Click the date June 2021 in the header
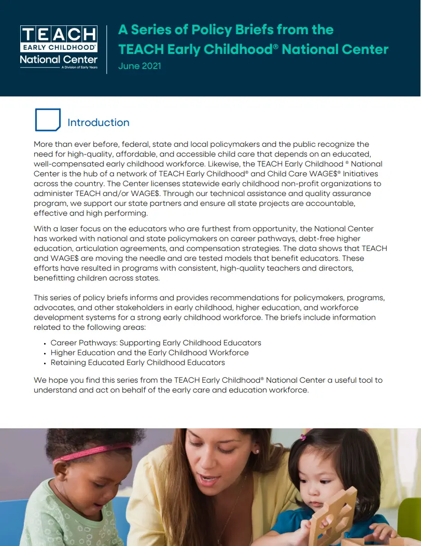tap(139, 66)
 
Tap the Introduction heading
tap(99, 123)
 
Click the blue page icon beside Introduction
tap(48, 120)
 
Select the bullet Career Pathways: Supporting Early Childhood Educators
tap(156, 343)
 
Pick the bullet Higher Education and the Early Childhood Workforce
tap(150, 353)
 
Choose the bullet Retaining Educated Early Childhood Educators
tap(138, 362)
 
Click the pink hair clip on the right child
tap(303, 437)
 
